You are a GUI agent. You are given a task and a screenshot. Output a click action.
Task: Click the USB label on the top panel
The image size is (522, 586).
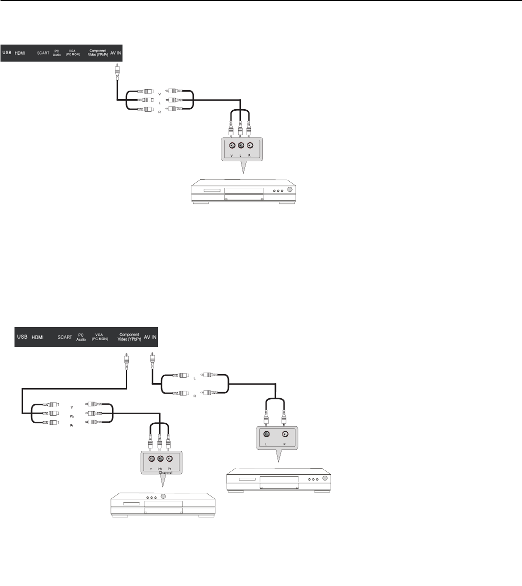tap(7, 52)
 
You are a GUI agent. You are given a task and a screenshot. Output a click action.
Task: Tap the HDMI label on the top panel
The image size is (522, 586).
tap(19, 52)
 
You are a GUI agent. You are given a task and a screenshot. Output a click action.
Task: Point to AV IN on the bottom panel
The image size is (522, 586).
tap(150, 337)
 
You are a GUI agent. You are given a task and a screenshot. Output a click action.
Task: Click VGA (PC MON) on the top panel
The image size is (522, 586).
tap(73, 52)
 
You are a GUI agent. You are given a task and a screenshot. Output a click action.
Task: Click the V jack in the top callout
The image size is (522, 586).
tap(231, 146)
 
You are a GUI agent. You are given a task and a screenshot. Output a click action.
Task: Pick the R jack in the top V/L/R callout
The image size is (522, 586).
tap(250, 146)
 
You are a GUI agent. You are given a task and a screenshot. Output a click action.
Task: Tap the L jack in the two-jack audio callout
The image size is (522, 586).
tap(266, 434)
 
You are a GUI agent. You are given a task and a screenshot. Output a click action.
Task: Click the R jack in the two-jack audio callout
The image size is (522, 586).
tap(285, 434)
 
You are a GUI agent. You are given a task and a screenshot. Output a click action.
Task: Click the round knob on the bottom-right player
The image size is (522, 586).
tap(325, 478)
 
